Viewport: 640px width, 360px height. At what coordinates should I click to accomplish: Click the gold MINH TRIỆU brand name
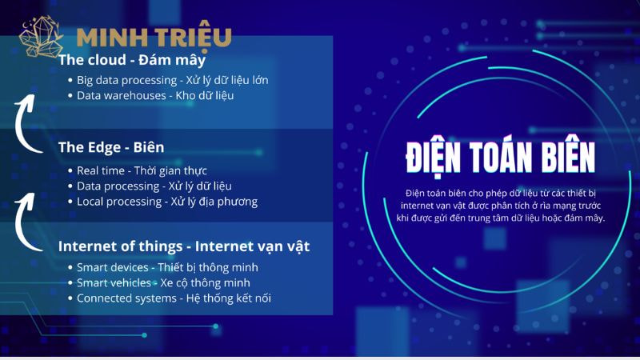[x=154, y=38]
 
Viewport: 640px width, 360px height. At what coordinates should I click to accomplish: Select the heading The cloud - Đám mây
[x=132, y=60]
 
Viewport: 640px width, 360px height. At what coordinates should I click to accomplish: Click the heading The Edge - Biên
[x=111, y=147]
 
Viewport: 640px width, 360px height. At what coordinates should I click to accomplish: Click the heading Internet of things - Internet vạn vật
[x=184, y=246]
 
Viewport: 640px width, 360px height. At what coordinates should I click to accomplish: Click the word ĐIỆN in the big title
[x=434, y=158]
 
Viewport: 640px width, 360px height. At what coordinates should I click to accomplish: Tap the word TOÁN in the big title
[x=502, y=157]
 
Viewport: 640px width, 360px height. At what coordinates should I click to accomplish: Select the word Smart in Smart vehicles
[x=92, y=283]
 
